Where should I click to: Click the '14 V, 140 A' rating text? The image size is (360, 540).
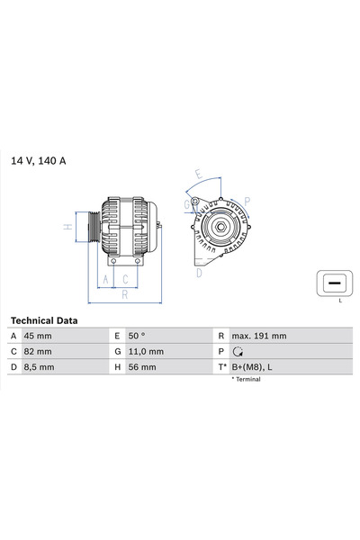tap(38, 161)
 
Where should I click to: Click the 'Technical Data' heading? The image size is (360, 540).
tap(44, 320)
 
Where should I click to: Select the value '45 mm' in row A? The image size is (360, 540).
tap(38, 336)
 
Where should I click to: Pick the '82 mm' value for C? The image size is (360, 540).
tap(38, 352)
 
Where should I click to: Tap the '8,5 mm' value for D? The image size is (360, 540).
tap(40, 368)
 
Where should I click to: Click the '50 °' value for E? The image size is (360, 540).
tap(138, 336)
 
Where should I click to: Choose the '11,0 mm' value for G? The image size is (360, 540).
tap(145, 352)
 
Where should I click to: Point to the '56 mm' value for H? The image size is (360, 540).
tap(142, 368)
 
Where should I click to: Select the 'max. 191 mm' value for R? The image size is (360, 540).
tap(259, 336)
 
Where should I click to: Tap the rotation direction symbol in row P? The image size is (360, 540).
tap(238, 352)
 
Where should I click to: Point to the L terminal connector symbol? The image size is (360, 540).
tap(333, 283)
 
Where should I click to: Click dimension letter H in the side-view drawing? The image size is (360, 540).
tap(67, 227)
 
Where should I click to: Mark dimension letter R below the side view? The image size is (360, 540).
tap(125, 293)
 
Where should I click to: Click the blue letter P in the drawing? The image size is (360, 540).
tap(247, 202)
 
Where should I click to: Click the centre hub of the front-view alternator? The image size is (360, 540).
tap(218, 226)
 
